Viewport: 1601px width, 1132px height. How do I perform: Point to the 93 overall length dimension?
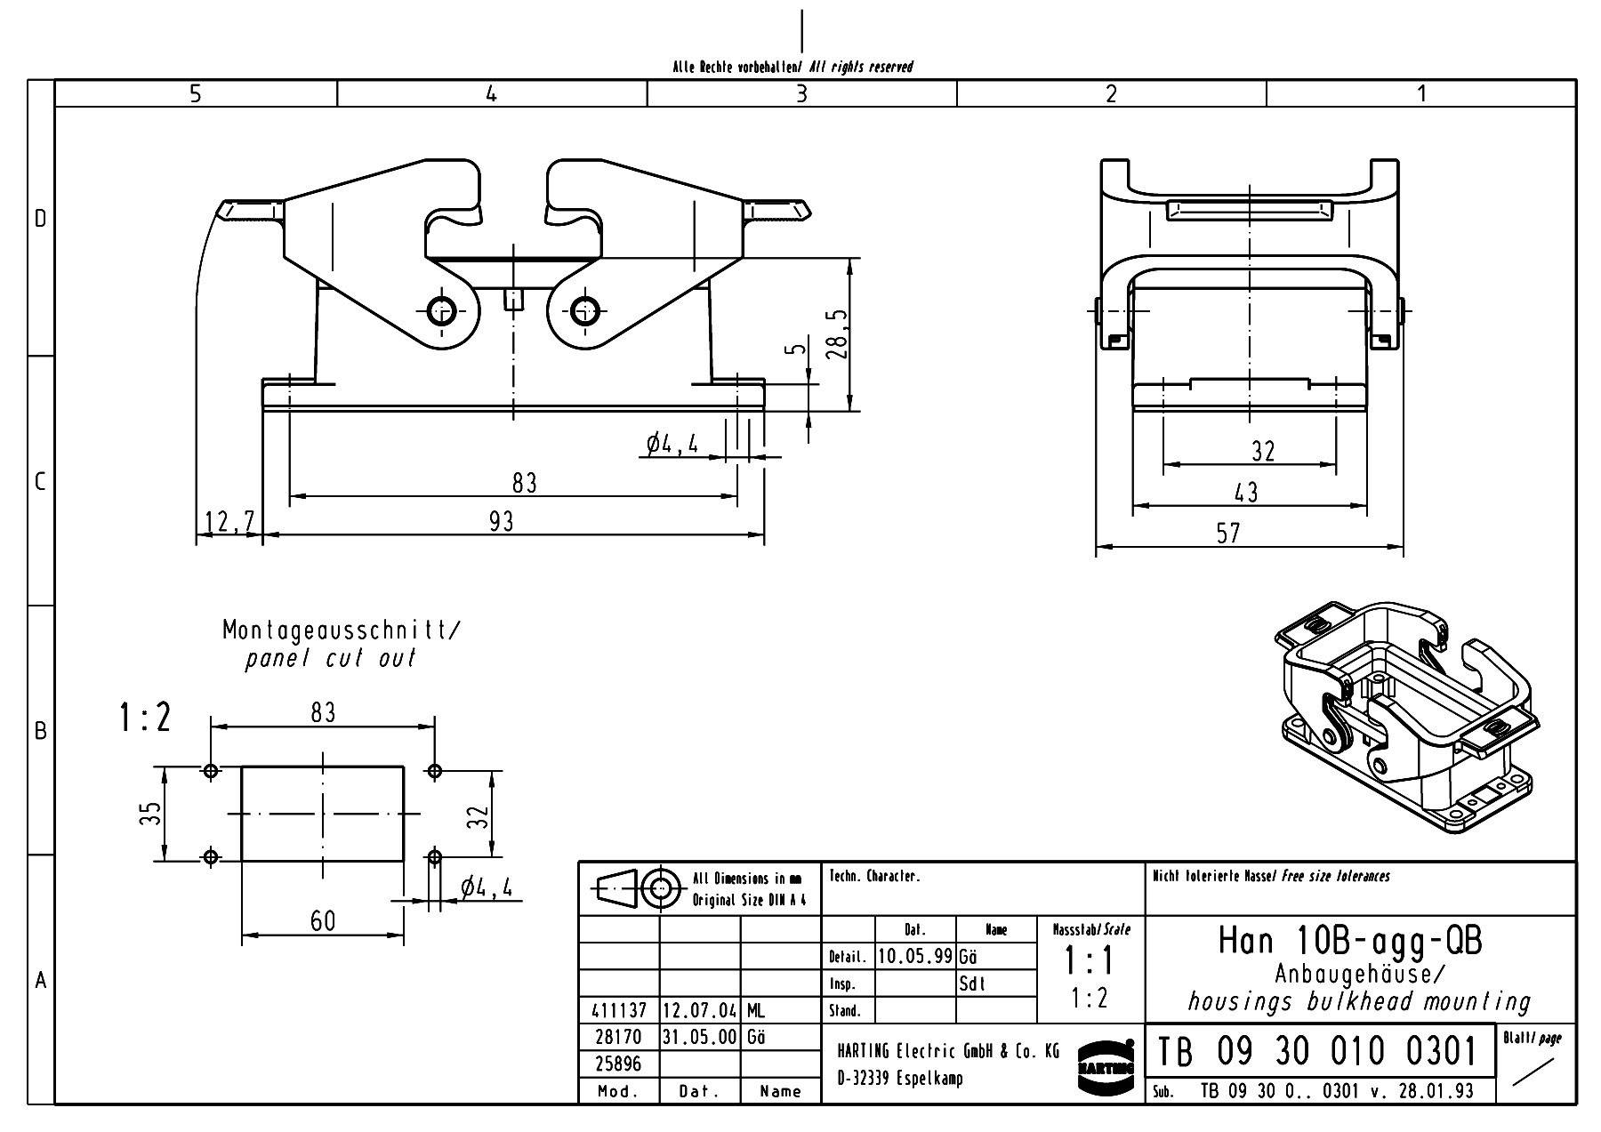[501, 521]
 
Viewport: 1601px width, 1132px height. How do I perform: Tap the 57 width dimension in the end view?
[1227, 533]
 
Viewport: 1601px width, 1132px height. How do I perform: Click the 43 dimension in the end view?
[1246, 492]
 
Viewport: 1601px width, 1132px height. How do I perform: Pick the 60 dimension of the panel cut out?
[323, 920]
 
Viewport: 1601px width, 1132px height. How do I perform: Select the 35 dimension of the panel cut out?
[150, 814]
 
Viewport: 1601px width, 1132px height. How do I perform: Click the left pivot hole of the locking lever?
[442, 311]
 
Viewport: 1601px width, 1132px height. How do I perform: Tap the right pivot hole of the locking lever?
[584, 311]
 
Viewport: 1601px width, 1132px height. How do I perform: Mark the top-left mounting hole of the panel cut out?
[211, 771]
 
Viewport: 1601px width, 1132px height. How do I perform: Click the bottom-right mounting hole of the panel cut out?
[434, 857]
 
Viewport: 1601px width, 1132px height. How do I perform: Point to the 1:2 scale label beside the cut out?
[144, 718]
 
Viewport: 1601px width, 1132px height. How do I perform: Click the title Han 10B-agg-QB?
[1349, 941]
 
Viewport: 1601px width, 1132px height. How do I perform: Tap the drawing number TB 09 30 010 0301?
[1317, 1052]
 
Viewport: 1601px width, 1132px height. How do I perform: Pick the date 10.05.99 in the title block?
[915, 956]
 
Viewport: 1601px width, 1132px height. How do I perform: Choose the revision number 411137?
[618, 1011]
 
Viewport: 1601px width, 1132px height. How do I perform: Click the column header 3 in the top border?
[801, 93]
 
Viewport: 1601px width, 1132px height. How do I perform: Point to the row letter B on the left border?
[41, 731]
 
